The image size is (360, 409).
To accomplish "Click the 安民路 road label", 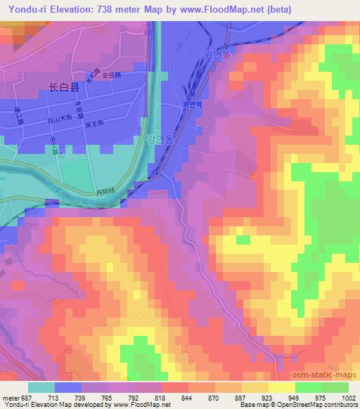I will [112, 75].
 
